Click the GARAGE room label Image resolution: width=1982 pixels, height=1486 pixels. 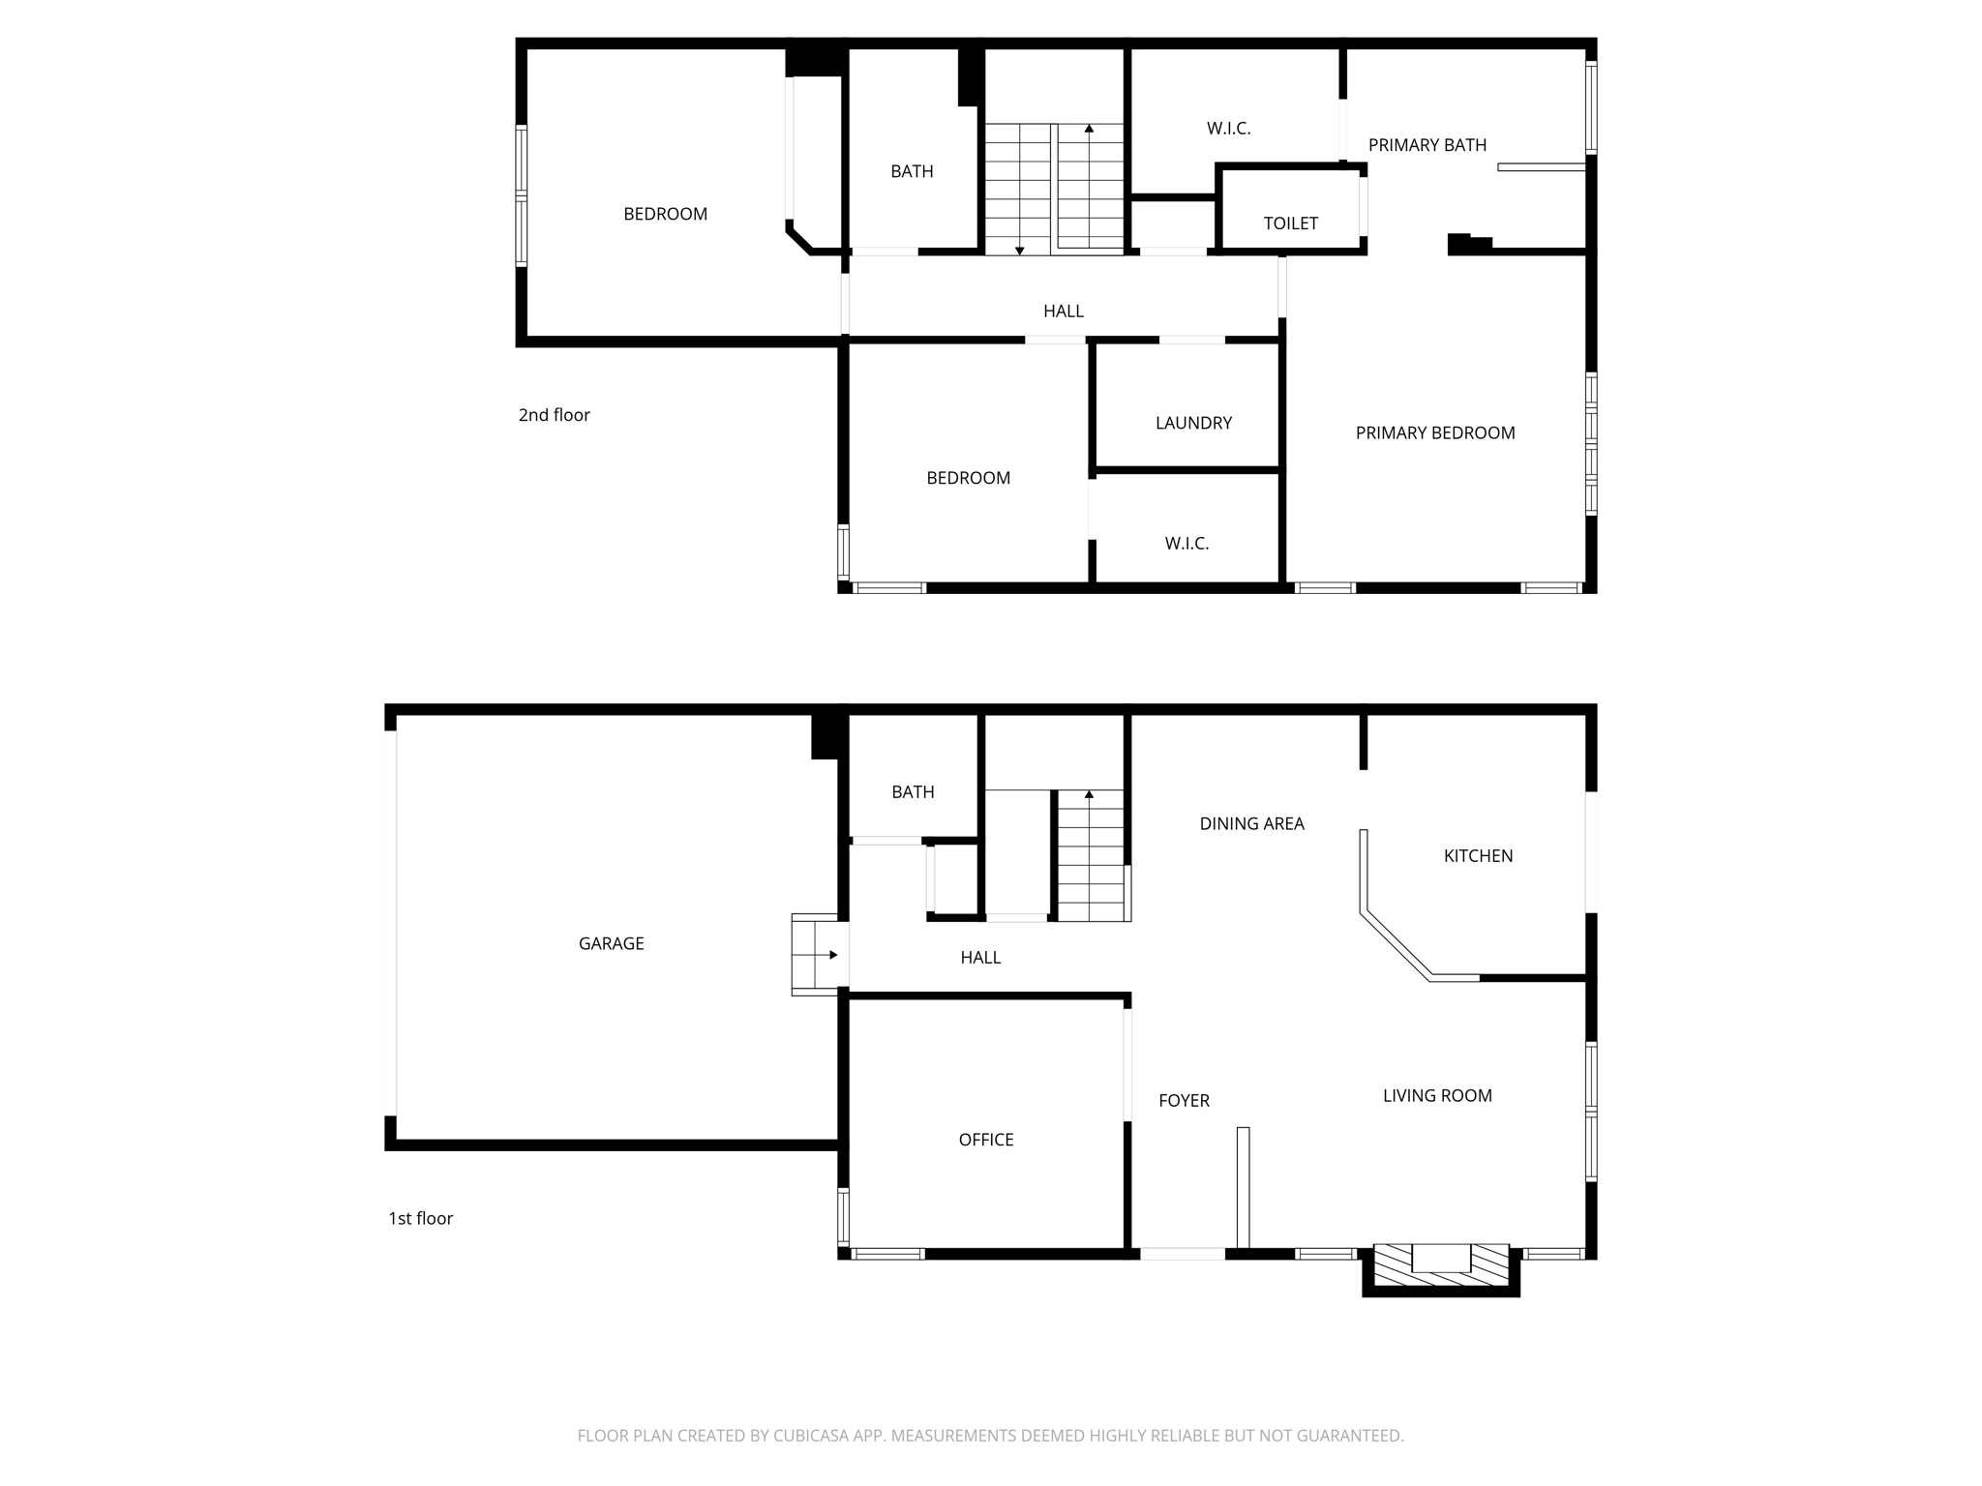click(x=611, y=943)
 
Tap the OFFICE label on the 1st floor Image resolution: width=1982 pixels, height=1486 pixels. click(x=985, y=1140)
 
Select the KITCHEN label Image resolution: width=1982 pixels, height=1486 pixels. click(x=1478, y=855)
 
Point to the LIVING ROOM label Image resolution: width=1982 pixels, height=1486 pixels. click(x=1436, y=1095)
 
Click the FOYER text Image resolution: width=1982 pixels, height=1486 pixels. click(x=1184, y=1100)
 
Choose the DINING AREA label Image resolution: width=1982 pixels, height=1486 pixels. click(x=1251, y=823)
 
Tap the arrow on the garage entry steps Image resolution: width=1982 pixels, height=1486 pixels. click(x=832, y=955)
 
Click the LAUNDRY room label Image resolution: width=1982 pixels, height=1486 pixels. click(x=1193, y=423)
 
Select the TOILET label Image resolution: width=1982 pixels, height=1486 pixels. click(x=1290, y=223)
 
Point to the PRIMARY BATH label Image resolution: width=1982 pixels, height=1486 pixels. click(x=1426, y=145)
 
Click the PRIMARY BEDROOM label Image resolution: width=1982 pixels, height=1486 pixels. click(x=1434, y=432)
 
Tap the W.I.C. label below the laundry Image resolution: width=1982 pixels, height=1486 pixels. click(x=1186, y=544)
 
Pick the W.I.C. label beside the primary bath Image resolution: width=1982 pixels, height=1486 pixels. click(x=1228, y=128)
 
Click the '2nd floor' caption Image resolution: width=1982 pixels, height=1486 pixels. click(x=554, y=415)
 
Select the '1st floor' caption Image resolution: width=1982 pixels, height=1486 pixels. click(x=420, y=1218)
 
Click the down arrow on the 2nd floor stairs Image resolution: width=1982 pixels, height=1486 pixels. click(x=1019, y=250)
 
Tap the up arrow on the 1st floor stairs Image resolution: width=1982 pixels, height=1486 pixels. click(x=1089, y=795)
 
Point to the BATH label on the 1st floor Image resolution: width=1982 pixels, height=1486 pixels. click(x=912, y=792)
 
